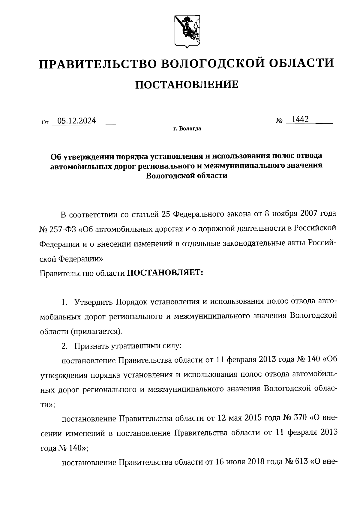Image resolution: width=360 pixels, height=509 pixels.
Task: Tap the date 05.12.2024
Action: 76,121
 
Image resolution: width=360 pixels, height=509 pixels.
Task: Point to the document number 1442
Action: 300,119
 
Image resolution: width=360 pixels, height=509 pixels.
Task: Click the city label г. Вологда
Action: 187,129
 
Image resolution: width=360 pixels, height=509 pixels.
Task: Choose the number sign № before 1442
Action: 279,121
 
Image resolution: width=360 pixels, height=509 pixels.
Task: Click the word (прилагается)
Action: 97,331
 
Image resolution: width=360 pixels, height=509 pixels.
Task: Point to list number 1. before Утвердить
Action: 64,302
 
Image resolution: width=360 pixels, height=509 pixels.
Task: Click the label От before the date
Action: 45,122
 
